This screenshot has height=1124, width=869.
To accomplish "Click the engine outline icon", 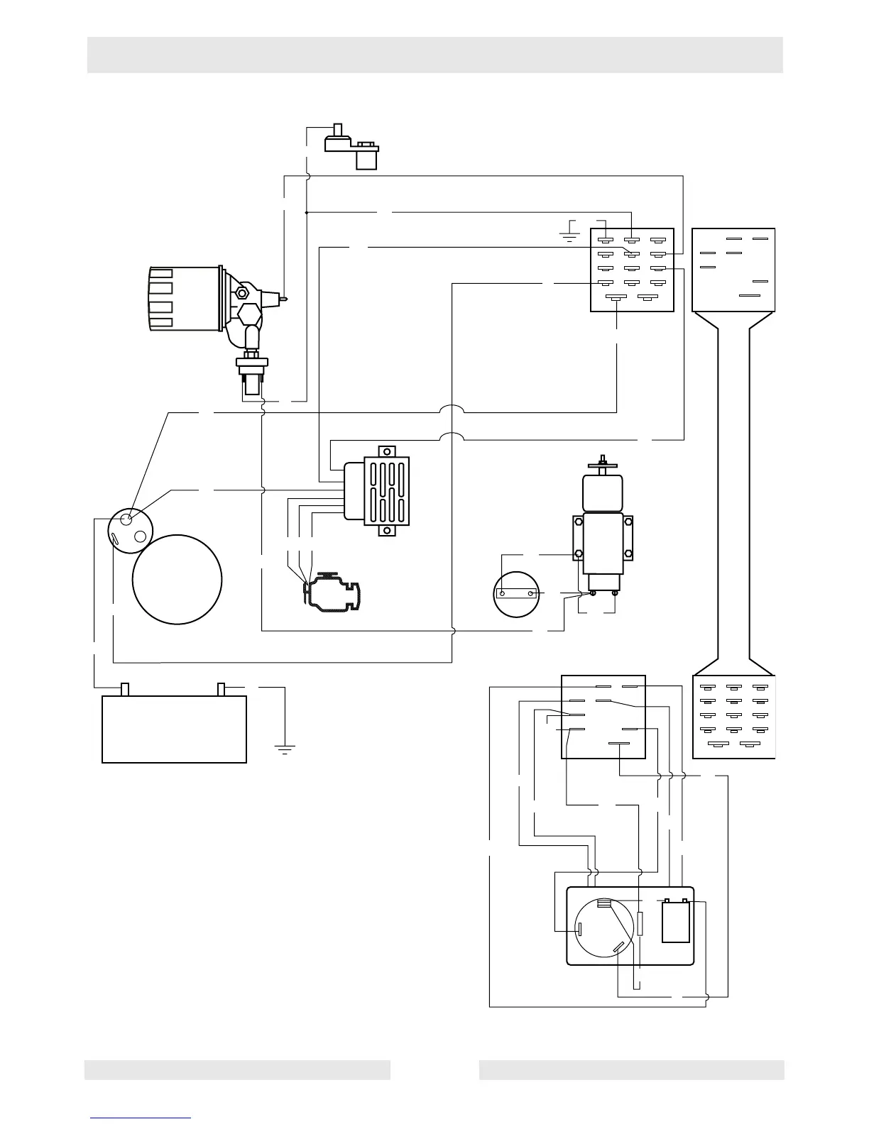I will pos(332,590).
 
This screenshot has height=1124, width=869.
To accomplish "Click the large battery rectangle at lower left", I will pos(175,729).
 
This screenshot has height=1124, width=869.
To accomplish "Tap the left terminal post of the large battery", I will pos(126,689).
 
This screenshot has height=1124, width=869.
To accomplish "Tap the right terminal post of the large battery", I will pos(222,689).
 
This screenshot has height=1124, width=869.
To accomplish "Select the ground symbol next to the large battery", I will pos(285,747).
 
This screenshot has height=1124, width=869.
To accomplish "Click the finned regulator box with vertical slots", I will pos(387,490).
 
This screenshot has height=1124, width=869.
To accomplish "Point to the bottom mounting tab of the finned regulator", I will pos(387,531).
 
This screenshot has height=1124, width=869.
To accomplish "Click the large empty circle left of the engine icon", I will pos(177,579).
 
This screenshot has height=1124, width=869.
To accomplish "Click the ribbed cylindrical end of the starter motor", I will pos(162,298).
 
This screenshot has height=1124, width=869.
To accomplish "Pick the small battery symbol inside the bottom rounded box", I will pos(675,921).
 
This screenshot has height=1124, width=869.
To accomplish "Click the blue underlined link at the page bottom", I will pos(141,1117).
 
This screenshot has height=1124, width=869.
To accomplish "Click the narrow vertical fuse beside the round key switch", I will pos(640,924).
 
